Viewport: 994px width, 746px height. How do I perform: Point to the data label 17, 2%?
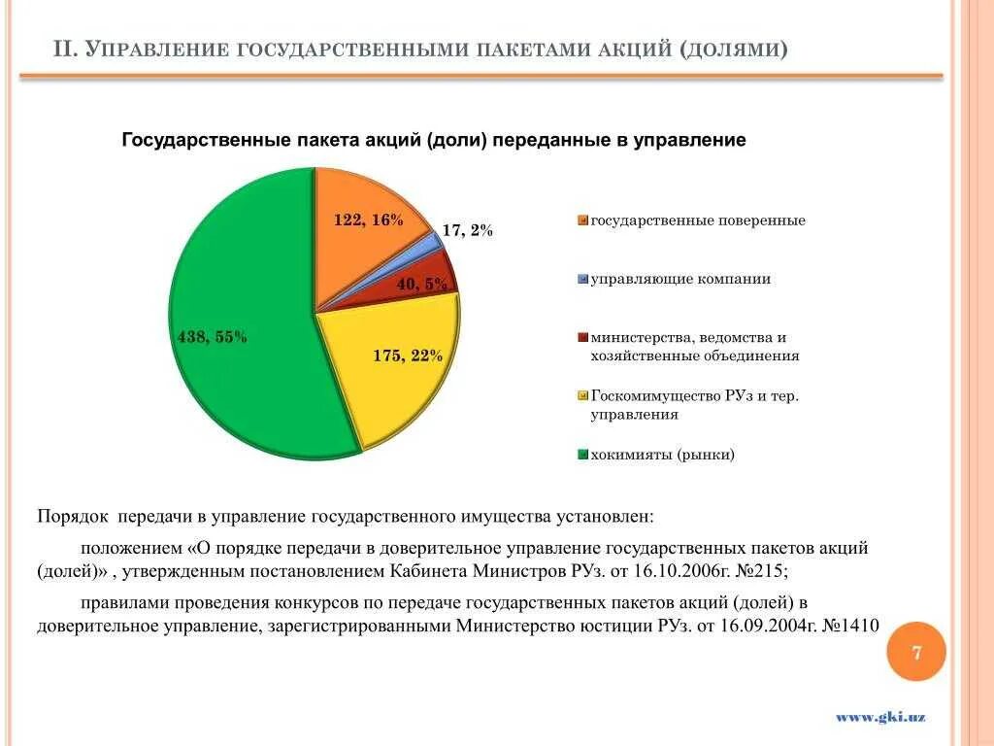click(468, 230)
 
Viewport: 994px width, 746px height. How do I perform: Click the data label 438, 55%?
click(212, 337)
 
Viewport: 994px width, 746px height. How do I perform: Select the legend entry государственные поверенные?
click(698, 220)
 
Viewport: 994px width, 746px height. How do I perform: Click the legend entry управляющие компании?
click(680, 279)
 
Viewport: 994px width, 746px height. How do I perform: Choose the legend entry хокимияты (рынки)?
click(663, 455)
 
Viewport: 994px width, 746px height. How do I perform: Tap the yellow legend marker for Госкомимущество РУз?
click(582, 396)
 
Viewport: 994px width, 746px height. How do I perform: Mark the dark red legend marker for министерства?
click(582, 338)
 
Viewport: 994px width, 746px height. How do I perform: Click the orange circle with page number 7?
click(916, 652)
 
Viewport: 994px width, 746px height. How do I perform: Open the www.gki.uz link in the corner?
click(880, 717)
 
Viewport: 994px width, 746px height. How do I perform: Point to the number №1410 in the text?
click(851, 626)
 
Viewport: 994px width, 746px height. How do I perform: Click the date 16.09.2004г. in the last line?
click(765, 626)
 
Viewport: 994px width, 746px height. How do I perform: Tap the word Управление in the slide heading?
click(155, 49)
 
